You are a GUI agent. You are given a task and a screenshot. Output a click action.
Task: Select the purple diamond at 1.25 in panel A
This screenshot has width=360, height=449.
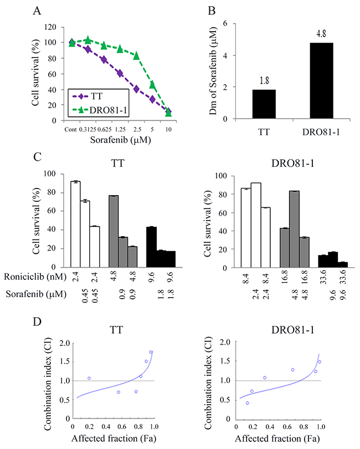[120, 73]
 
